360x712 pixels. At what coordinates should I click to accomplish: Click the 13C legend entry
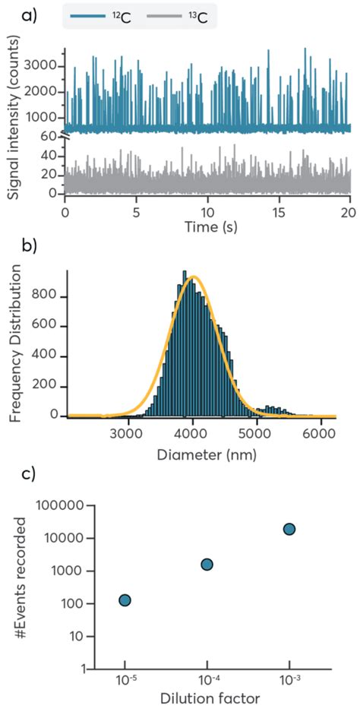point(181,15)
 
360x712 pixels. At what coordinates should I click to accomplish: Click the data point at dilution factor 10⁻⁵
point(125,600)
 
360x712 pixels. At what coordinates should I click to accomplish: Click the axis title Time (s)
point(207,226)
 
